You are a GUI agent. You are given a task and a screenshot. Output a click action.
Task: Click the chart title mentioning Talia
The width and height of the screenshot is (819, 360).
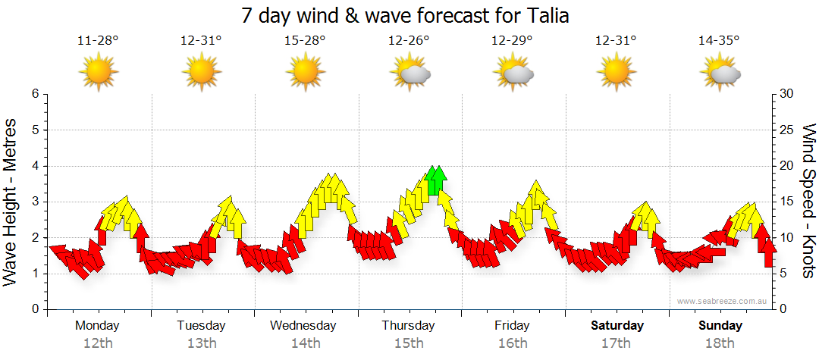point(405,14)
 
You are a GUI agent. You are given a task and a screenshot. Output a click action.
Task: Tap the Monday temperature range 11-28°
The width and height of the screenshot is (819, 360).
point(98,41)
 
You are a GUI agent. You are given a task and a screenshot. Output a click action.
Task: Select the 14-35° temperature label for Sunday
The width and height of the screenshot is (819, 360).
point(719,41)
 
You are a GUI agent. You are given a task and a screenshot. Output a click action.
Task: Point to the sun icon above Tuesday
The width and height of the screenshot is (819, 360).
point(202,73)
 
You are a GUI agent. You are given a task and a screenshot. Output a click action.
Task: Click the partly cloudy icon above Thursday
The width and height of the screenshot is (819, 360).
point(410,73)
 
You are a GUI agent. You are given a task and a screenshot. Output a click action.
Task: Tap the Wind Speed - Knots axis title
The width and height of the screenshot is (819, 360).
point(808,202)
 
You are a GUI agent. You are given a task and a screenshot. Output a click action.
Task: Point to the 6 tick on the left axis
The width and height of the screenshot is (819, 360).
point(34,94)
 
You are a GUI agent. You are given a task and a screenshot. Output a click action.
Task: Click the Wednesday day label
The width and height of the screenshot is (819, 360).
point(303,326)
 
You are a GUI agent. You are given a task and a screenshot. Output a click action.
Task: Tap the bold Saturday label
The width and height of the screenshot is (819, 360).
point(617,326)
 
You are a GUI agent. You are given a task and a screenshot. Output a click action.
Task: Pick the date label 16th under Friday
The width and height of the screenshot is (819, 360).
point(513,343)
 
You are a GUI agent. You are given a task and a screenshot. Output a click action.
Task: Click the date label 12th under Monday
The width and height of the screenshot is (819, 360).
point(97,343)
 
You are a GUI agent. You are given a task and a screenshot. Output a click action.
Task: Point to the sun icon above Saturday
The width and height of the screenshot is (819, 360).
point(617,73)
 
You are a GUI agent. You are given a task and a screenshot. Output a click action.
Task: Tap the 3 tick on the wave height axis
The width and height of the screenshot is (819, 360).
point(34,202)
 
